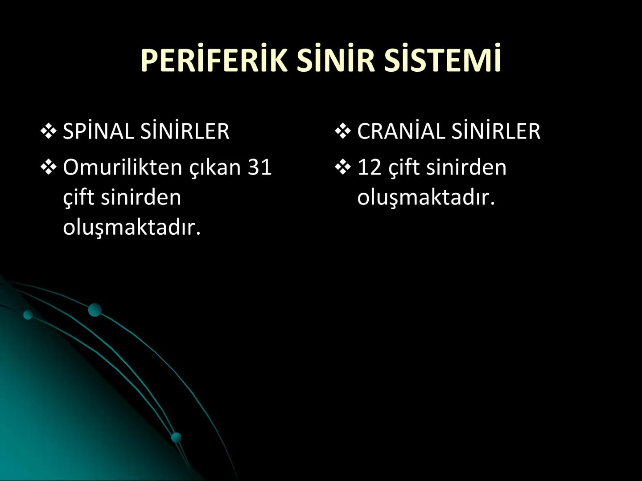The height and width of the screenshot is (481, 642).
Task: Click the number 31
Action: (259, 167)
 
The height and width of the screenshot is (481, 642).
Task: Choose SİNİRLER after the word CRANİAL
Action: (496, 131)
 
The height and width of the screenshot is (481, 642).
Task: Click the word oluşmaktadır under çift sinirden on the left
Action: (132, 228)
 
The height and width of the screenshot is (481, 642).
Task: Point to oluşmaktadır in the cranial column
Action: (426, 197)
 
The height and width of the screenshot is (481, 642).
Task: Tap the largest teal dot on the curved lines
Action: (95, 310)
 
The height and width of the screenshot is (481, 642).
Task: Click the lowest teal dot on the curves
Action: (177, 437)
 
